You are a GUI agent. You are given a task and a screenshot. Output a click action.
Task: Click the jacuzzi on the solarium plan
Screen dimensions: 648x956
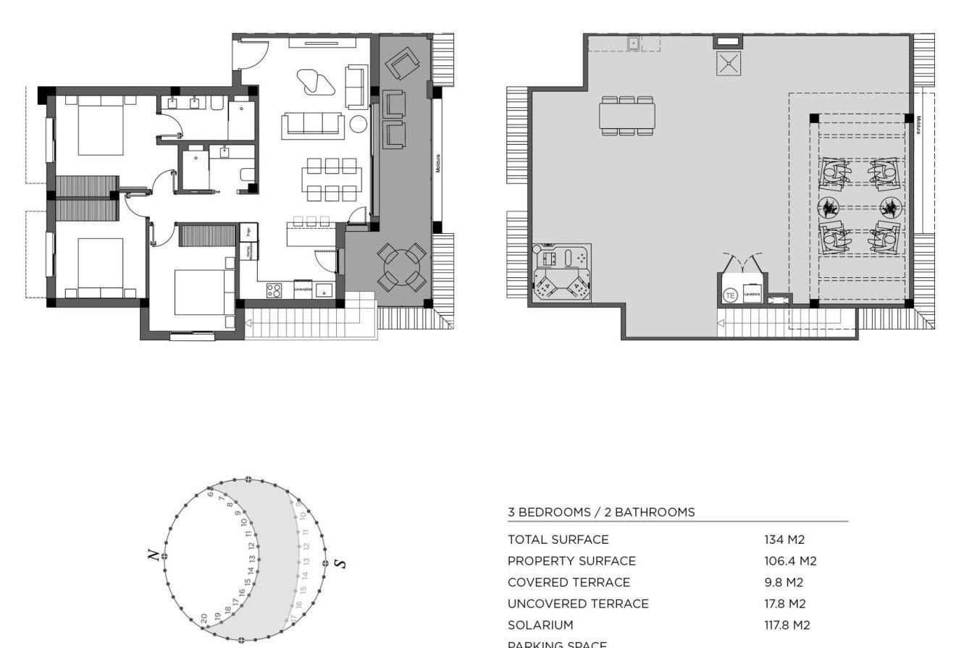click(x=562, y=274)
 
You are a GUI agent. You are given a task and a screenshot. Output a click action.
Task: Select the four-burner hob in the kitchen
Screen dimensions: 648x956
click(x=274, y=290)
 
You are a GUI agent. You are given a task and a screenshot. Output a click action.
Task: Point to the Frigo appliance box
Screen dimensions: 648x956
click(x=248, y=232)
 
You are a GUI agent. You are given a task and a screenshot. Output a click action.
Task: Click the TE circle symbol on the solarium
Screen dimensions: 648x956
click(x=730, y=295)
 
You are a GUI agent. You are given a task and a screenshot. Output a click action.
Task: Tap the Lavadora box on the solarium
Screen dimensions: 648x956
click(x=752, y=293)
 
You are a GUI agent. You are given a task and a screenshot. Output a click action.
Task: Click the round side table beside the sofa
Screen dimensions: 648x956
click(x=358, y=125)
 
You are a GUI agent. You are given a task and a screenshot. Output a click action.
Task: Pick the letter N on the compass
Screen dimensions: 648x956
click(x=153, y=555)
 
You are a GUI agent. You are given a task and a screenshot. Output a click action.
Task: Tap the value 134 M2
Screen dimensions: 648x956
click(x=784, y=539)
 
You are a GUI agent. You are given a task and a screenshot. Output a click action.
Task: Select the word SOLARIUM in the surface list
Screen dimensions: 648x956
click(x=540, y=625)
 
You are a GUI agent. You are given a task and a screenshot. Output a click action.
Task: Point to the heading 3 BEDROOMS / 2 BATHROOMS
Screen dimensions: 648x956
click(x=601, y=512)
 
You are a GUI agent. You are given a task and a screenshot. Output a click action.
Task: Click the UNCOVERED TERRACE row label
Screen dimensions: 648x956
click(x=578, y=604)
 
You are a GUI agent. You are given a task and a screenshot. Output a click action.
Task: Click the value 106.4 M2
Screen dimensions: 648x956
click(x=790, y=561)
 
